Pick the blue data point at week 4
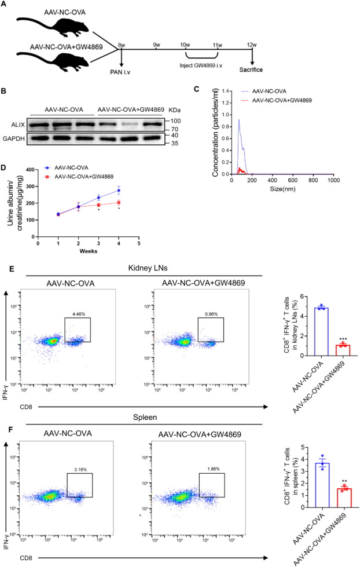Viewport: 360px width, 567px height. click(x=118, y=191)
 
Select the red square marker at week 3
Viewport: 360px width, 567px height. click(x=98, y=204)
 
